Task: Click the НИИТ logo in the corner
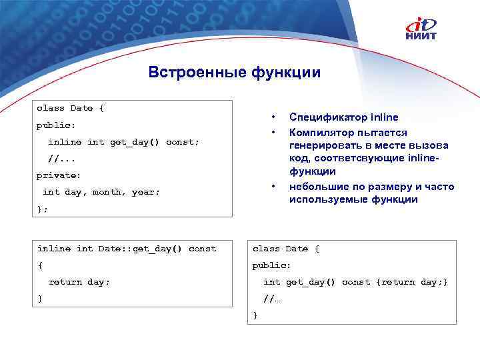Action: [x=421, y=29]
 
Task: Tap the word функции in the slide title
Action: [x=285, y=71]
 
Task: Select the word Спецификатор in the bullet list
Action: [x=322, y=118]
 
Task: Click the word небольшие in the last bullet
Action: [x=316, y=186]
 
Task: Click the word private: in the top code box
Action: [x=59, y=175]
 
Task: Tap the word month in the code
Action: [x=107, y=192]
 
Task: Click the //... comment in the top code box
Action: [x=62, y=159]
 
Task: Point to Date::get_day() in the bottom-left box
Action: [x=140, y=249]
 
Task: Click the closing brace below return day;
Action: [x=40, y=299]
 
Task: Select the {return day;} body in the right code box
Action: [x=412, y=282]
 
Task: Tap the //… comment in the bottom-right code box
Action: [x=272, y=299]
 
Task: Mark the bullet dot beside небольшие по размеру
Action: [x=273, y=186]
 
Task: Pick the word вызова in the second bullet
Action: [x=433, y=145]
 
